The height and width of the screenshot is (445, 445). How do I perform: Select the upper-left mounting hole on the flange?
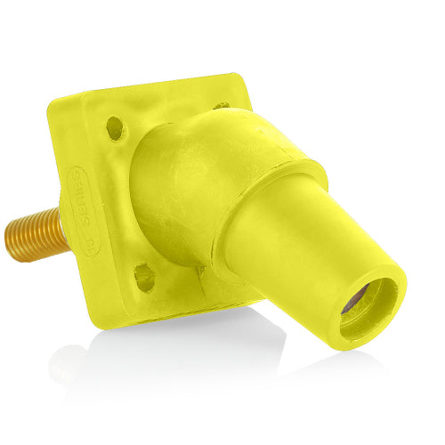point(115,127)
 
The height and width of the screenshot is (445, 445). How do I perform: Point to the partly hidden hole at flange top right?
point(222,105)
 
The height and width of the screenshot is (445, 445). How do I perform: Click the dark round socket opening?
point(367,306)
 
